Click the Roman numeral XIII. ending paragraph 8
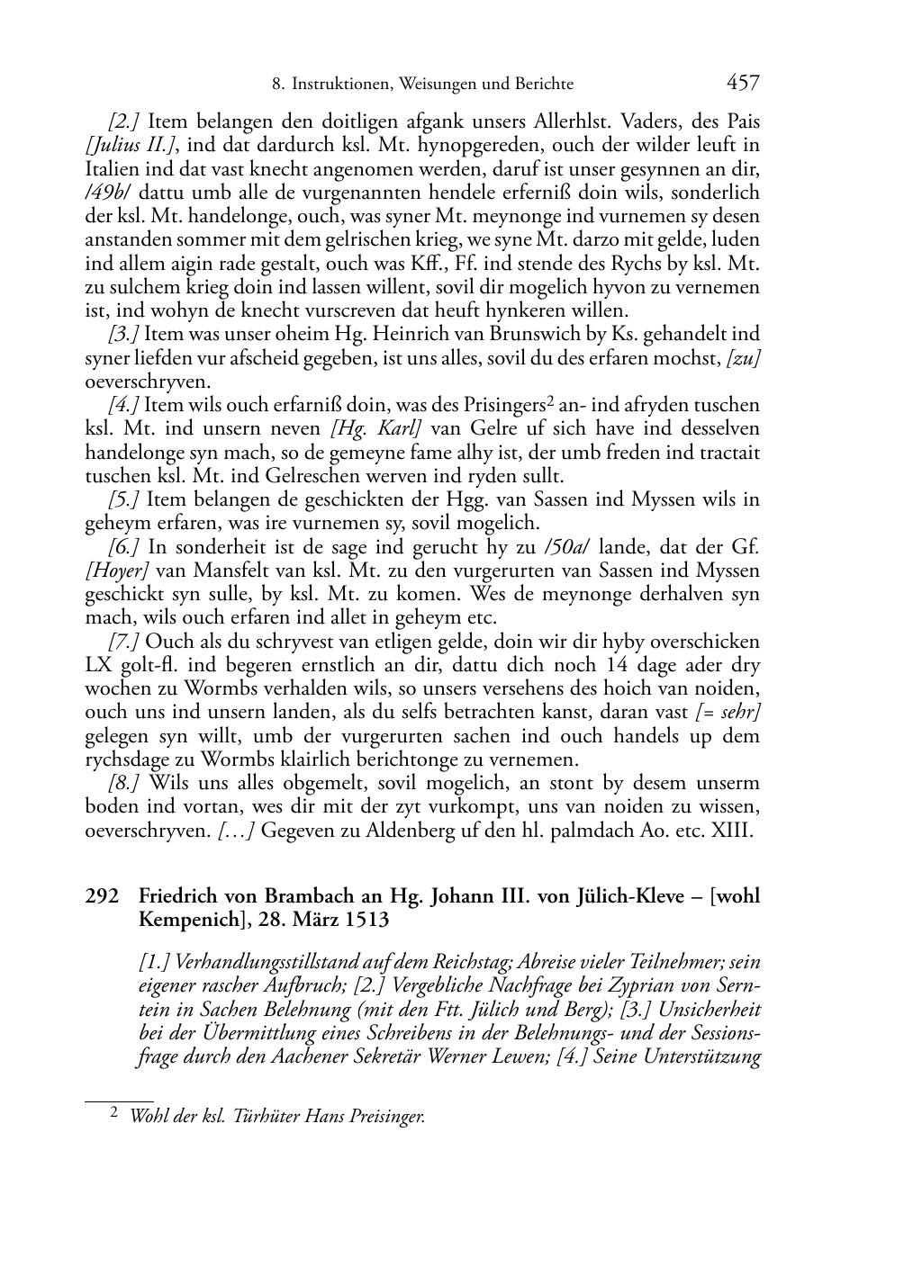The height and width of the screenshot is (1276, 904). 732,831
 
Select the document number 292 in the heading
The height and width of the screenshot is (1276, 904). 102,896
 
